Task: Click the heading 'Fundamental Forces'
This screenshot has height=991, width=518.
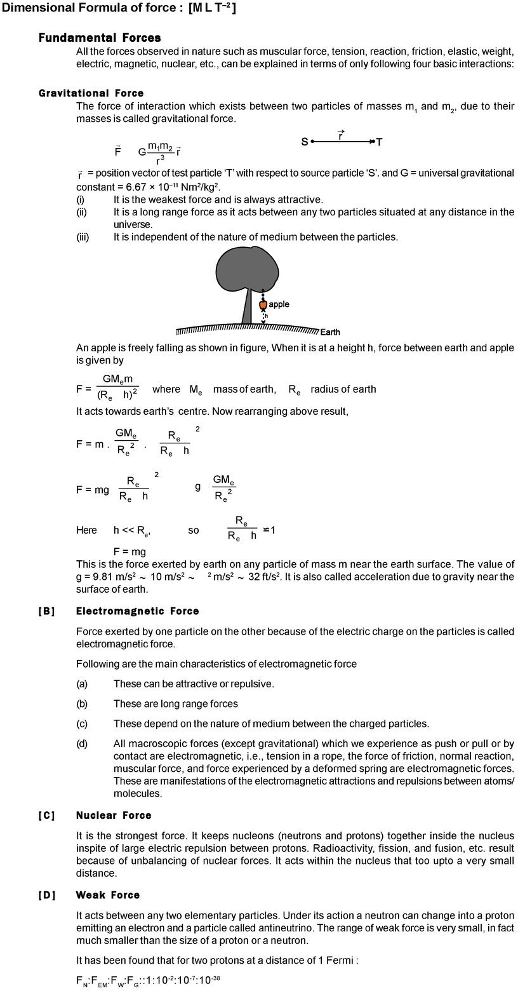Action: coord(100,38)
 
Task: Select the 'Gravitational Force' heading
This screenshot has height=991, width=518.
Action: coord(91,93)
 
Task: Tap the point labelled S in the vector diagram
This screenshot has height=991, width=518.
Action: coord(305,142)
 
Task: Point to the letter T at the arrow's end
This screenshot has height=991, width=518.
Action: coord(379,142)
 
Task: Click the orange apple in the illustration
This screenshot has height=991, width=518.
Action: coord(263,305)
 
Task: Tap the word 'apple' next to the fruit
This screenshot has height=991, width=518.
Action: coord(279,304)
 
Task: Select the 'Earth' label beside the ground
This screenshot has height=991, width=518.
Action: coord(330,332)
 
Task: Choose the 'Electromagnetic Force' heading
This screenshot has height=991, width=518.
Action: coord(137,611)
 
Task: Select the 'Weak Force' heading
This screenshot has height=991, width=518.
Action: coord(107,895)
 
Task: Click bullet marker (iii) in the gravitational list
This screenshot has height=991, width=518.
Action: coord(83,237)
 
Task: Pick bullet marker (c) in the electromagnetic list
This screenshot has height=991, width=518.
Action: coord(82,724)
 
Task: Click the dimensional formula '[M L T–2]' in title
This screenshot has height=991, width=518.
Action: coord(212,8)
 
